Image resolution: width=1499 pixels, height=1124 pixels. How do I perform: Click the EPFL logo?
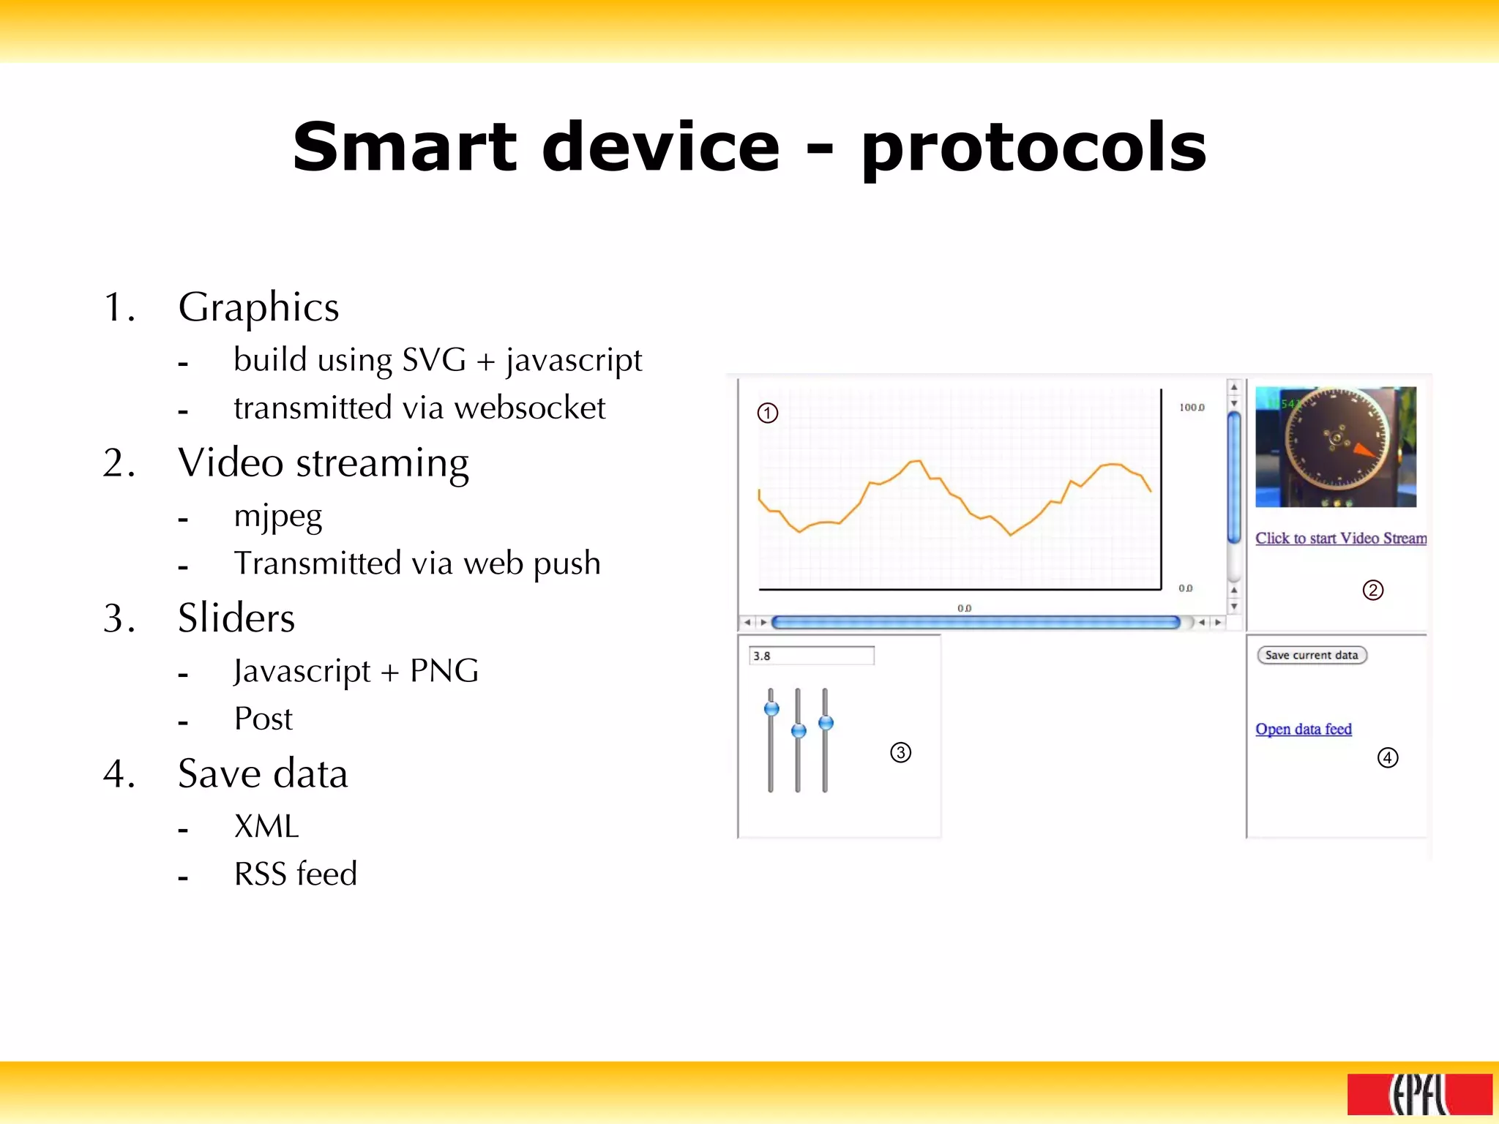(x=1419, y=1094)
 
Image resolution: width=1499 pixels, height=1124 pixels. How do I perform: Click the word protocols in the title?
(x=1033, y=149)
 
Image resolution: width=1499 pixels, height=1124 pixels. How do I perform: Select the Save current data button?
(x=1311, y=655)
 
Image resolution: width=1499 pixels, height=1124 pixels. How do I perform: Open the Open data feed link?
(x=1303, y=729)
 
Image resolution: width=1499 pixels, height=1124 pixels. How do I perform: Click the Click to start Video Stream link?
(x=1340, y=539)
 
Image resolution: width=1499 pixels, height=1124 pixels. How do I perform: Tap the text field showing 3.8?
(x=811, y=656)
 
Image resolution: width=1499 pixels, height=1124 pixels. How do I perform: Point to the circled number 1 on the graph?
(x=767, y=413)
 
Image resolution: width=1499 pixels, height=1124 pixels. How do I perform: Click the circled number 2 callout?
(x=1372, y=590)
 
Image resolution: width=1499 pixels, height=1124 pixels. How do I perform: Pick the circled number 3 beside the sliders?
(x=900, y=752)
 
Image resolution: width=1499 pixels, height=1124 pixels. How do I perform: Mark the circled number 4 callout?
(x=1387, y=757)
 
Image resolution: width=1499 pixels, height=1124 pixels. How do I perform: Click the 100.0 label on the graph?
(x=1192, y=408)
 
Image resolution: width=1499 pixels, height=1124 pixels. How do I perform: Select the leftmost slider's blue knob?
(x=771, y=708)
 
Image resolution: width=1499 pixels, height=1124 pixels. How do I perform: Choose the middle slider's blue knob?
(x=799, y=730)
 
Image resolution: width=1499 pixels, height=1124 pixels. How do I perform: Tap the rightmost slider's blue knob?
(x=826, y=723)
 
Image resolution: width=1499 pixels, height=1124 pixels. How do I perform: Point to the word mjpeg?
(x=277, y=517)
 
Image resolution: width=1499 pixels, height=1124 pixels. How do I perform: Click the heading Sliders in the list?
(x=236, y=618)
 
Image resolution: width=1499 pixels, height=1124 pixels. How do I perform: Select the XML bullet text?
(x=266, y=827)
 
